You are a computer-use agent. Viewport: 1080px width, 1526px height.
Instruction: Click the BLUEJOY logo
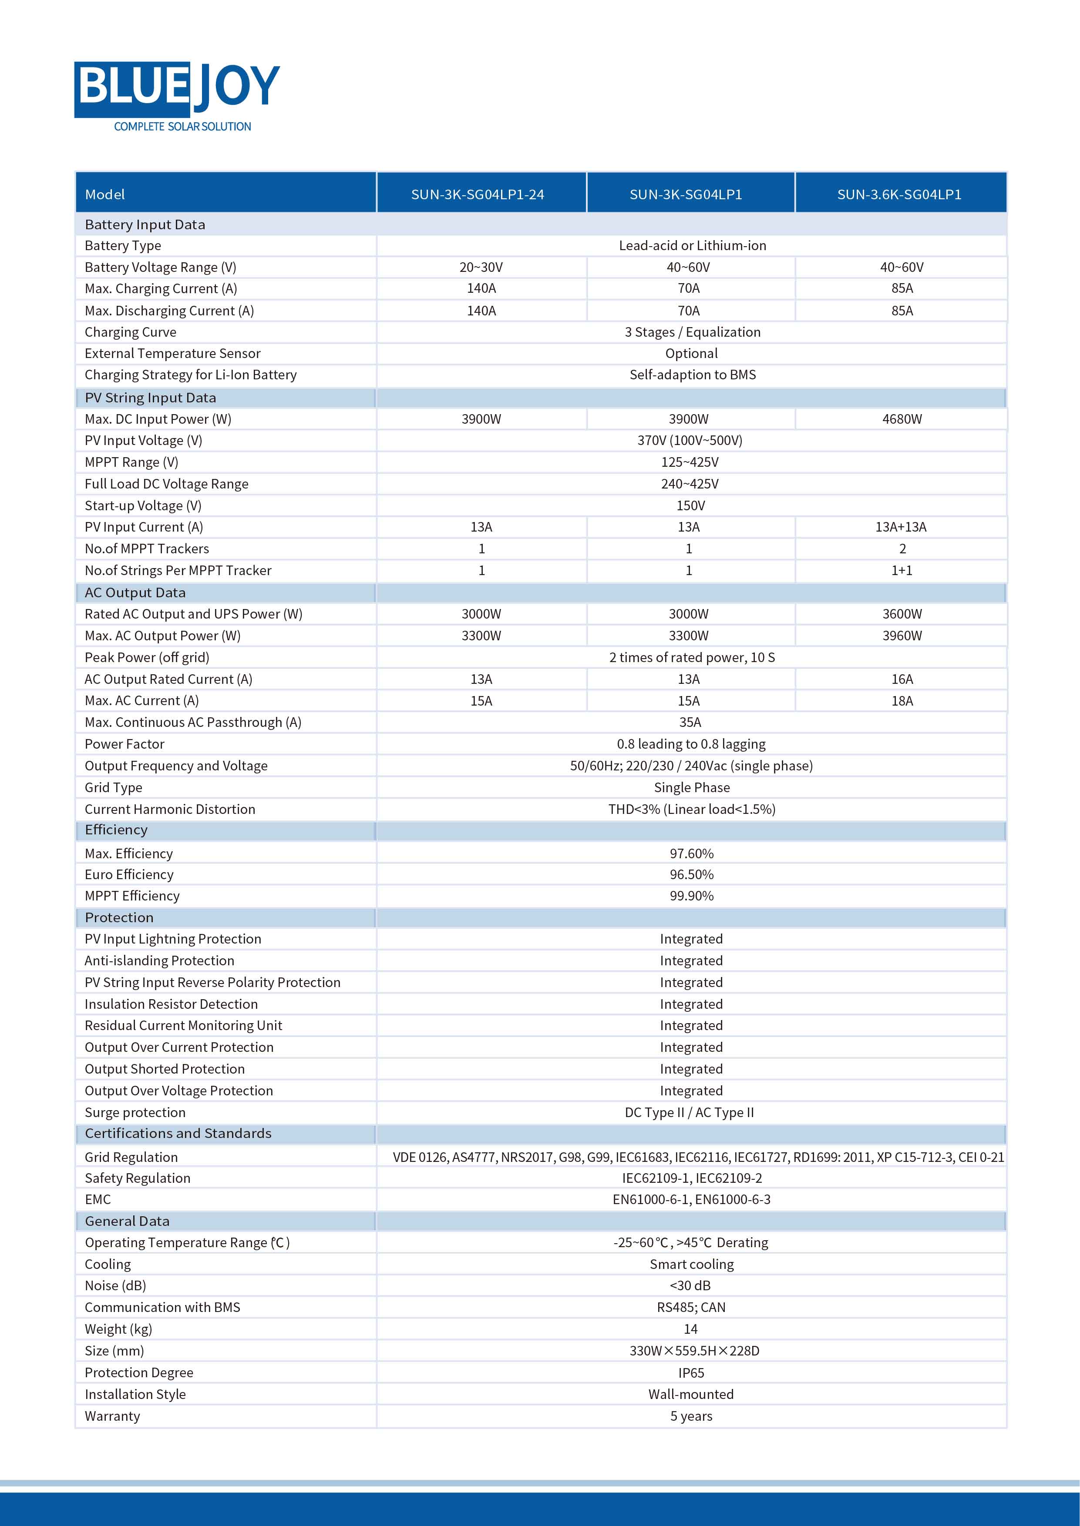176,88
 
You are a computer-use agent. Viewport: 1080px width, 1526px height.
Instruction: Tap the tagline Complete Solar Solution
182,126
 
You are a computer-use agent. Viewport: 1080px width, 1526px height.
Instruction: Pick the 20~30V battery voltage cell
481,267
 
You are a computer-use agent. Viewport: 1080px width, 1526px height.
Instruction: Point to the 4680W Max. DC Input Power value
902,419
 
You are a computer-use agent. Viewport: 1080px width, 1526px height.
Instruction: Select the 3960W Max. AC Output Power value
902,636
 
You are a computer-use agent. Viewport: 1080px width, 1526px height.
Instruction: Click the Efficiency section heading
116,830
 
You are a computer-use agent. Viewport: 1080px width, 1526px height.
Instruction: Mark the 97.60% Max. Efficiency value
691,854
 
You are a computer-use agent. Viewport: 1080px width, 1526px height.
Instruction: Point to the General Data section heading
127,1221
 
